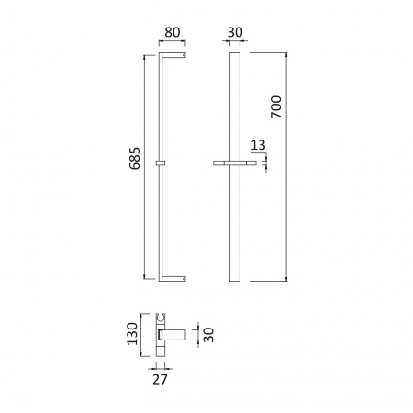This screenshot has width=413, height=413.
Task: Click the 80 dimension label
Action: click(x=173, y=32)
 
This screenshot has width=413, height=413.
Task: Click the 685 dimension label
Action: click(x=135, y=158)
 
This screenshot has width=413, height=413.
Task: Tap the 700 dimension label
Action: click(x=276, y=106)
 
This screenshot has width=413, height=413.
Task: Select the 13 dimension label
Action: click(x=258, y=145)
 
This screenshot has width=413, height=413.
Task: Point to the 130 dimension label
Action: click(x=132, y=334)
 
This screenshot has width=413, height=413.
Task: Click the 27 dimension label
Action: click(x=160, y=380)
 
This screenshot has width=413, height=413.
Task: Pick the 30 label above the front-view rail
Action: click(x=235, y=32)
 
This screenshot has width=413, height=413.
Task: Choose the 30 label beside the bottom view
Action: click(x=208, y=335)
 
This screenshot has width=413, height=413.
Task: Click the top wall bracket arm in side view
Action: click(x=173, y=55)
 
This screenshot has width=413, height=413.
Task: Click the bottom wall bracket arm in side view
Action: click(x=173, y=279)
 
